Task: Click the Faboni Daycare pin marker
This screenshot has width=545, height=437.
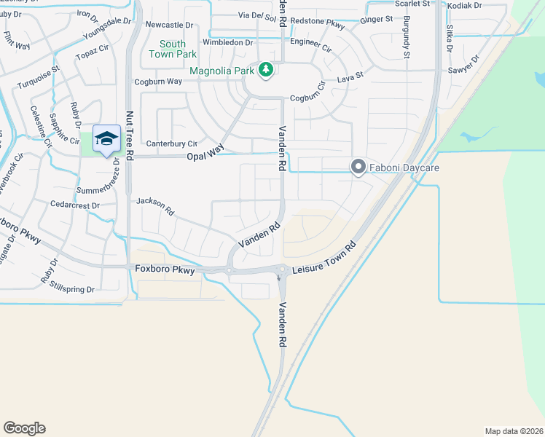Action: coord(358,168)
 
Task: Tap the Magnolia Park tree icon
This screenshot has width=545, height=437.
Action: coord(267,70)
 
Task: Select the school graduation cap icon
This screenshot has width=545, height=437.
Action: coord(106,139)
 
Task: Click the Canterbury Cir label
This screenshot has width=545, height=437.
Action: coord(172,144)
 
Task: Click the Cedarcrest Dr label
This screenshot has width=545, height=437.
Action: coord(74,206)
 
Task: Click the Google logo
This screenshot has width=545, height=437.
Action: coord(24,428)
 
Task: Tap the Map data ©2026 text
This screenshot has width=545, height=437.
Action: coord(514,431)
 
